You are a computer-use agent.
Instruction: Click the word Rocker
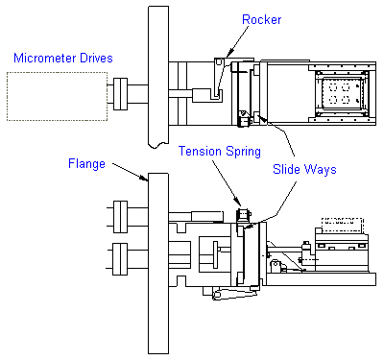(x=261, y=20)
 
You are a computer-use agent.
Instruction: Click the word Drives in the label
(x=96, y=58)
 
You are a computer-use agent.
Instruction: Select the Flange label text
(x=86, y=164)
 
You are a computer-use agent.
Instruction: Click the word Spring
(x=244, y=152)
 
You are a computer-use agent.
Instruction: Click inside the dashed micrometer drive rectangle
(x=57, y=96)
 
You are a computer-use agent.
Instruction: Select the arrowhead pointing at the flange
(x=143, y=178)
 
